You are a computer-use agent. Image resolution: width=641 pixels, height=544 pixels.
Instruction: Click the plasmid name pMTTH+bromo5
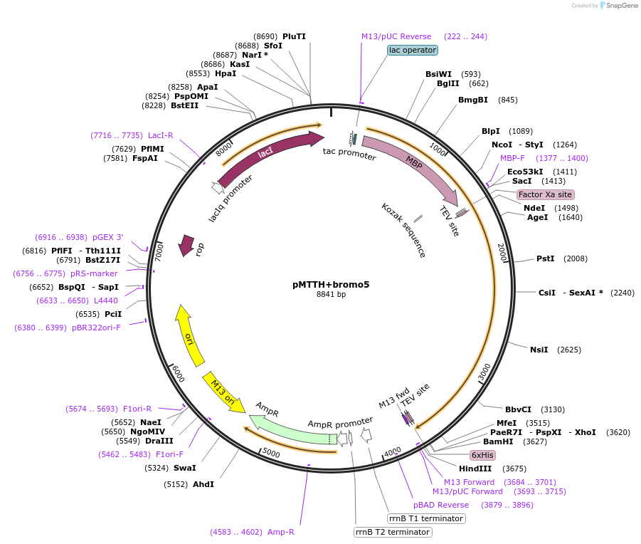click(331, 284)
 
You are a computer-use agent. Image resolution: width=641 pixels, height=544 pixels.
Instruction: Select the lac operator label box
click(413, 51)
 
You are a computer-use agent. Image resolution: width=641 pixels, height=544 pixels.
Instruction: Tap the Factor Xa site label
click(545, 194)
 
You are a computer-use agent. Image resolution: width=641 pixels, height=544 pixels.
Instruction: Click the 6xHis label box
click(482, 455)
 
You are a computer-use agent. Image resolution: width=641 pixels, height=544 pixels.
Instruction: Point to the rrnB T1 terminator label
click(426, 518)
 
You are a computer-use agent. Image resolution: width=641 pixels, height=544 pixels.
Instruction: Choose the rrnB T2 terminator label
click(393, 532)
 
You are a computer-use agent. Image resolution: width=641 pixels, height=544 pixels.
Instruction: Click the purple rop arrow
click(187, 245)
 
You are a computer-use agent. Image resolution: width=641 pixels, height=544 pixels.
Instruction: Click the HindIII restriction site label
click(475, 469)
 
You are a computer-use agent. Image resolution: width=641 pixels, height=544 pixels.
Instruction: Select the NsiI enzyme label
click(539, 350)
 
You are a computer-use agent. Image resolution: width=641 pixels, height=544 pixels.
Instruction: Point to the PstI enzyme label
click(545, 258)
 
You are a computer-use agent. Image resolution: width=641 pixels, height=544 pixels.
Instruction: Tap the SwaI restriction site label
click(184, 468)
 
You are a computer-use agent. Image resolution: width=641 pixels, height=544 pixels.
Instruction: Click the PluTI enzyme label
click(294, 36)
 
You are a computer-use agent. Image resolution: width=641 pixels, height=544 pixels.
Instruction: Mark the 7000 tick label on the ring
click(160, 250)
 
